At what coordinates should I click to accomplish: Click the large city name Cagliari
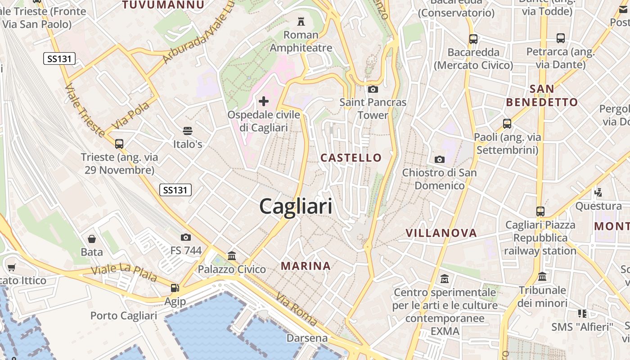296,207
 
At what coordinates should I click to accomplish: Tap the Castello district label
351,157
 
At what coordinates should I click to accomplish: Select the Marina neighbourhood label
306,266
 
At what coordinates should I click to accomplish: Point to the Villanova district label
441,233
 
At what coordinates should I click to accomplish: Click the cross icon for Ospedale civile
264,101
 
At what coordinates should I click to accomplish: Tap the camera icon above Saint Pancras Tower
373,89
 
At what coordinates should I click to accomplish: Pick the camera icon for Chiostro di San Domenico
440,159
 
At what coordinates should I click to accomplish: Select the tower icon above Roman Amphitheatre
301,21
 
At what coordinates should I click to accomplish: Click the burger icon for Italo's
188,131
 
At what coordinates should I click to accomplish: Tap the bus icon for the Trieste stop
119,144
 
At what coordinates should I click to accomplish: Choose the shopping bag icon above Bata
92,238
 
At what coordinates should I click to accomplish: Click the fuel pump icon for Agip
175,288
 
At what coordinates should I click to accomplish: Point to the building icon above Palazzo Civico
232,256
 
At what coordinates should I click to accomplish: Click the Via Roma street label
297,310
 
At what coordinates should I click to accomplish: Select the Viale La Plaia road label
124,273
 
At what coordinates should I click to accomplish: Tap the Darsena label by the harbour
307,338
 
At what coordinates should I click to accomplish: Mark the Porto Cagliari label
124,315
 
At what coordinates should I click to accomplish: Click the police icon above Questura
598,193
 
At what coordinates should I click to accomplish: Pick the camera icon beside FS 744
185,237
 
